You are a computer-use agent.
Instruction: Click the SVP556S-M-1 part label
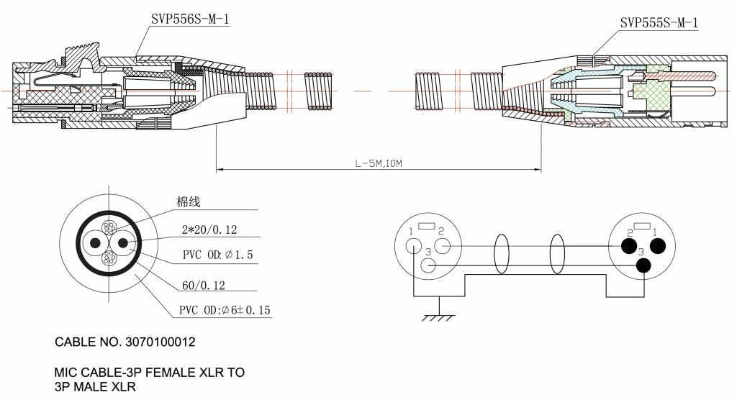pos(190,19)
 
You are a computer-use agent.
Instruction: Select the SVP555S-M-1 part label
pos(659,23)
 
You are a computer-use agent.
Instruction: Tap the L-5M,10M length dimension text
pos(378,163)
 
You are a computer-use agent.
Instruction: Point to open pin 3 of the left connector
pos(429,265)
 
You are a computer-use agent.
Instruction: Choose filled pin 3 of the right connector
pos(643,265)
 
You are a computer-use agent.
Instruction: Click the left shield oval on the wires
pos(501,254)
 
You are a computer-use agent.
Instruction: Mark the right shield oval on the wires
pos(557,254)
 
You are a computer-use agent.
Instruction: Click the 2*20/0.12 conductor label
pos(209,230)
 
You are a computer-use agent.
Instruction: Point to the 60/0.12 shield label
pos(204,285)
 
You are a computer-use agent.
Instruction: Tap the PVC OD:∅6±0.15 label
pos(225,311)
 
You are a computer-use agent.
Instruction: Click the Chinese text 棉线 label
pos(189,202)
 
